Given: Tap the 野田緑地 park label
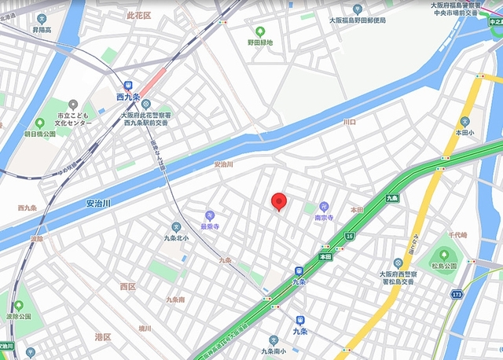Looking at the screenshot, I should point(260,42).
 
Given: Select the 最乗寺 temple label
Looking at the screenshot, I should point(209,226).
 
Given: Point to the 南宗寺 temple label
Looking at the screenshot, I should point(325,216).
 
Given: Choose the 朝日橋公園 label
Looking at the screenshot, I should point(39,134).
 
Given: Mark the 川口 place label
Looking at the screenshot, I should point(349,123).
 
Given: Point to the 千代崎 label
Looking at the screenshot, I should point(457,235).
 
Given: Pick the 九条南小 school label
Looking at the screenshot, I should point(276,351).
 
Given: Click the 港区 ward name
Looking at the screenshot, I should point(103,337).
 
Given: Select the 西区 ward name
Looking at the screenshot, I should point(127,287).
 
